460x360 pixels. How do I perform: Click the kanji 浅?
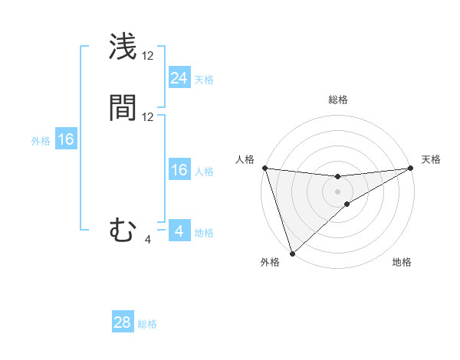(x=123, y=47)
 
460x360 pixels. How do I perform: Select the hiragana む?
(x=123, y=230)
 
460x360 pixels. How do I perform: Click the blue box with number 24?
(x=179, y=77)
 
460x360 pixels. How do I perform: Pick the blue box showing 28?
(x=123, y=322)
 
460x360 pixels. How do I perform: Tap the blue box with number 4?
(x=179, y=231)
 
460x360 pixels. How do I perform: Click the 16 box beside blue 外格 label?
(x=66, y=139)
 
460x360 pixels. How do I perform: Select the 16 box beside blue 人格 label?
(x=179, y=170)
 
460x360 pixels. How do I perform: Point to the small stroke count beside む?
(x=148, y=240)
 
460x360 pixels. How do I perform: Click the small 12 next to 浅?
(x=148, y=56)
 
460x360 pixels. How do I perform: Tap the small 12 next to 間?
(x=148, y=117)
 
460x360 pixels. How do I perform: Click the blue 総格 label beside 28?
(x=147, y=324)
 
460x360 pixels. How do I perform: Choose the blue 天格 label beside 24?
(x=204, y=80)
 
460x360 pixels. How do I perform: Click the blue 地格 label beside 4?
(x=204, y=233)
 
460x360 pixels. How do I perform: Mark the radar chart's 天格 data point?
(x=411, y=168)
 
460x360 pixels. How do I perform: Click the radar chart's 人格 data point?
(x=264, y=168)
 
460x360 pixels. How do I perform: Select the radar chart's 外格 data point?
(x=292, y=253)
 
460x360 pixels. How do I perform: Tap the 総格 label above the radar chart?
(x=338, y=100)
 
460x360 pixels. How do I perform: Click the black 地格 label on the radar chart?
(x=402, y=262)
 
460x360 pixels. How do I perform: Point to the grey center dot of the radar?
(x=337, y=191)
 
